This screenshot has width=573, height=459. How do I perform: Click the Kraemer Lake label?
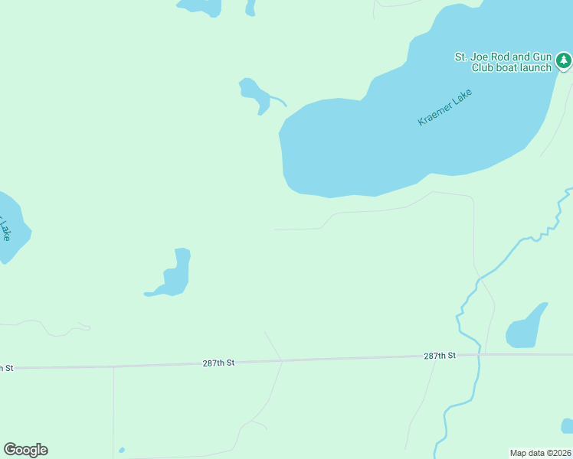click(445, 108)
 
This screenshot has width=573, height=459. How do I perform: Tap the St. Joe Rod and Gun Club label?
click(503, 62)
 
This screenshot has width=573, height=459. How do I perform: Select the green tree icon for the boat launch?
click(564, 60)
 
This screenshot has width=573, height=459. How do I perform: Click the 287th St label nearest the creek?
click(440, 356)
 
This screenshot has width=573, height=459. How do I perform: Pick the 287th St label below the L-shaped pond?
click(218, 363)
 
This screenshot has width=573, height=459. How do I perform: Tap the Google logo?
click(25, 450)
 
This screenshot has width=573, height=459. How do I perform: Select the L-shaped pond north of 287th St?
click(176, 274)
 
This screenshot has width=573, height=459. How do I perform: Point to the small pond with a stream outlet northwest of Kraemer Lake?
click(253, 94)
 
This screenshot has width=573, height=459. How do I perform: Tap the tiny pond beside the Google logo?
click(122, 450)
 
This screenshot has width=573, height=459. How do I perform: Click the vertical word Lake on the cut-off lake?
click(5, 229)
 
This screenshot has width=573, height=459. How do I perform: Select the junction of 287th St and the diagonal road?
click(282, 360)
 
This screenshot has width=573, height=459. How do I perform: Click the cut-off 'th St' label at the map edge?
click(6, 368)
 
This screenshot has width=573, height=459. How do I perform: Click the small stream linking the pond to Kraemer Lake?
click(278, 101)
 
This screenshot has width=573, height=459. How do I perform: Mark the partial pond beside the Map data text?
click(567, 426)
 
